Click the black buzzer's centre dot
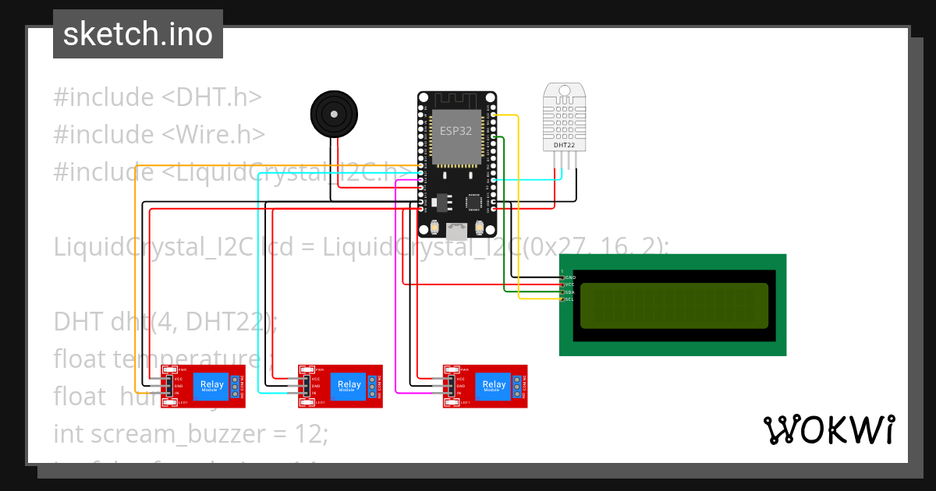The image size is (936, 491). pyautogui.click(x=334, y=115)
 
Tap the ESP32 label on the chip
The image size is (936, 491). pyautogui.click(x=456, y=131)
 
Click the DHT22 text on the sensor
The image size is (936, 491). pyautogui.click(x=564, y=145)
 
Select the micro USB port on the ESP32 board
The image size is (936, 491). pyautogui.click(x=457, y=230)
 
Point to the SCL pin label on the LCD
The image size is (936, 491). pyautogui.click(x=569, y=299)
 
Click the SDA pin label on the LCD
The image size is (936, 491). pyautogui.click(x=569, y=292)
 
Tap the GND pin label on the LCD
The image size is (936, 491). pyautogui.click(x=569, y=277)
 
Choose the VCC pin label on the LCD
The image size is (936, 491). pyautogui.click(x=569, y=285)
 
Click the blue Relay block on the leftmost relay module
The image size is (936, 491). pyautogui.click(x=212, y=385)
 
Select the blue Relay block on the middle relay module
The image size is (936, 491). pyautogui.click(x=349, y=385)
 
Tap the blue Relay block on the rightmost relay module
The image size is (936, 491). pyautogui.click(x=494, y=385)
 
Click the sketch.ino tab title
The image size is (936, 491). pyautogui.click(x=137, y=34)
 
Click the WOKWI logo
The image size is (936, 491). pyautogui.click(x=828, y=429)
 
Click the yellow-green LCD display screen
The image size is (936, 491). pyautogui.click(x=674, y=305)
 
